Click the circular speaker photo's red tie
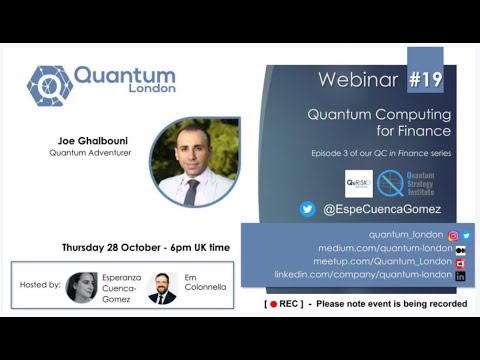pos(191,190)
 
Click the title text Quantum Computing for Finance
pos(378,122)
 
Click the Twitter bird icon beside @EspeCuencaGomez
pos(308,209)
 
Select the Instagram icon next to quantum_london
pos(452,235)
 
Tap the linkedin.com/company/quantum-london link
pos(364,274)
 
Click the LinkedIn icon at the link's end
pos(460,275)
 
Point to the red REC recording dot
pos(274,303)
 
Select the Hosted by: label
pos(40,285)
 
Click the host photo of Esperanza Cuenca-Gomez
pos(81,287)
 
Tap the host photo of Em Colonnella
pos(162,287)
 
